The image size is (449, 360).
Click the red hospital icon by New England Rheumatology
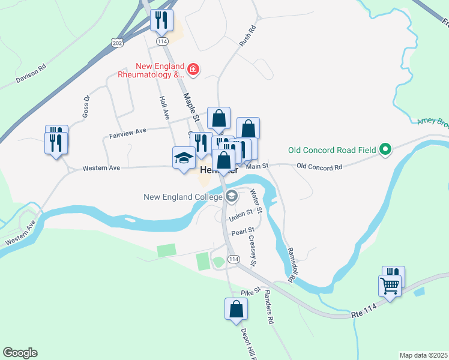193,70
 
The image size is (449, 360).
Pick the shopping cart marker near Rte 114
390,287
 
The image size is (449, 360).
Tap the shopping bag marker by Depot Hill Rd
237,310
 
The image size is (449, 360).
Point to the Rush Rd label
247,37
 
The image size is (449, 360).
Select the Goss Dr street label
86,106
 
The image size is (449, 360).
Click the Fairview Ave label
128,133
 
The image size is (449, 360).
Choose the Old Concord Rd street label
319,167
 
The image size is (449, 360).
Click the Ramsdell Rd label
292,265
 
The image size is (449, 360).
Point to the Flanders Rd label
268,308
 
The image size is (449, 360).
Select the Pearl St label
243,230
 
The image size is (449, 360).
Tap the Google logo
20,353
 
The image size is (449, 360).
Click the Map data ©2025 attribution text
423,355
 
